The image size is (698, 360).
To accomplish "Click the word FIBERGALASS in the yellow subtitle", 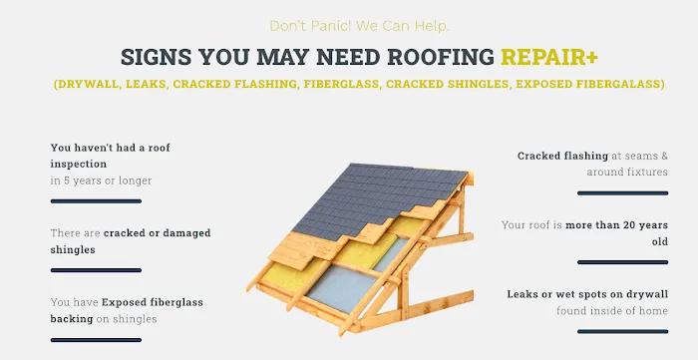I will point(616,85).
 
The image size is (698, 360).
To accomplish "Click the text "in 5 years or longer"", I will point(101,180).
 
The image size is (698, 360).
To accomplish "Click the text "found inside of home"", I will point(612,310).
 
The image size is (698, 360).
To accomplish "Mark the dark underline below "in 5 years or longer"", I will point(96,200).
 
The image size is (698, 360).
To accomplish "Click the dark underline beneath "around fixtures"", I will point(622,192).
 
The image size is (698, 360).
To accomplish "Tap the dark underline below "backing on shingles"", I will point(96,340).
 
